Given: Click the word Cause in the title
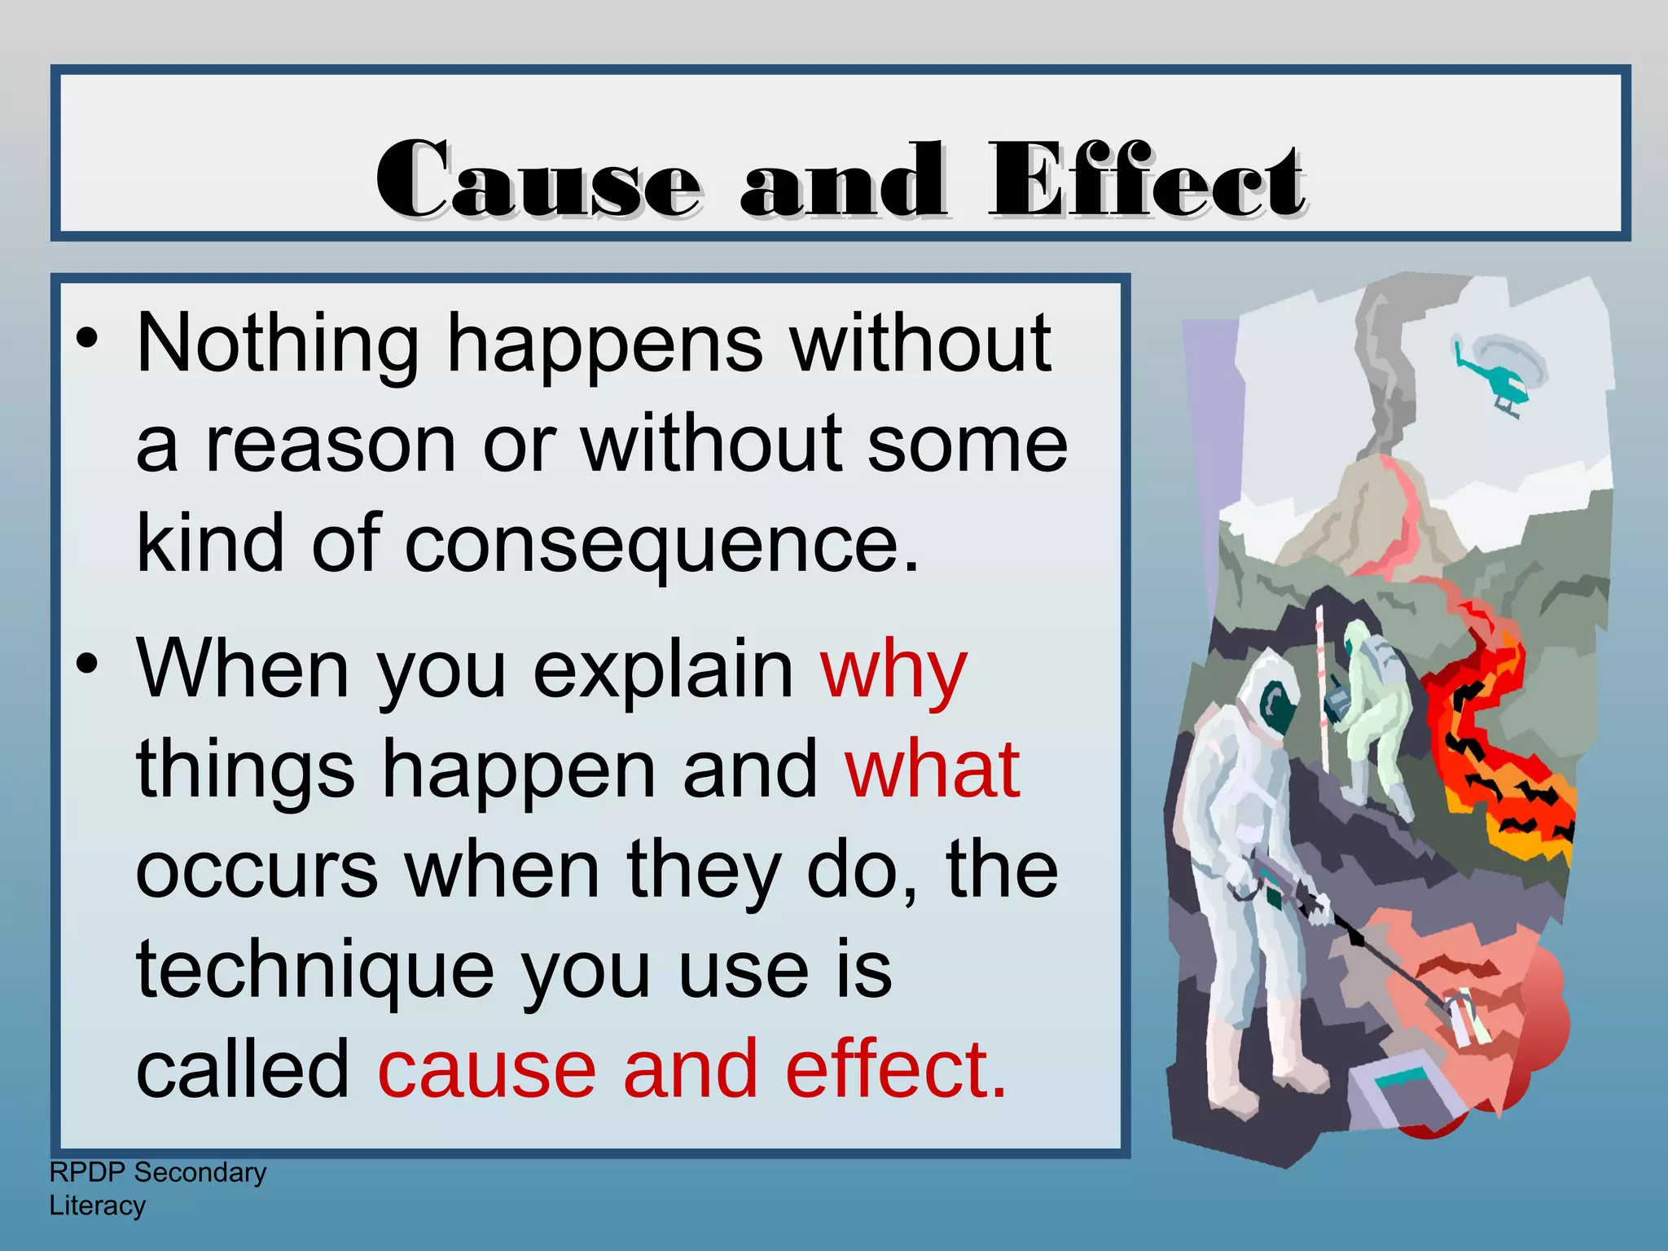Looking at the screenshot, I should pyautogui.click(x=538, y=180).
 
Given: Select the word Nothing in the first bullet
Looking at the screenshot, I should pyautogui.click(x=278, y=345).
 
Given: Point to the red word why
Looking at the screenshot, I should pyautogui.click(x=893, y=673).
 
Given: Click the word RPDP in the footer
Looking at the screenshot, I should pyautogui.click(x=87, y=1173).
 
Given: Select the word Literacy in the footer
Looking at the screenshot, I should pyautogui.click(x=98, y=1206).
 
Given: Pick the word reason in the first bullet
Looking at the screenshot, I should pyautogui.click(x=330, y=446).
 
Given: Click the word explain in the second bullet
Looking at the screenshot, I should pyautogui.click(x=663, y=673).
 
